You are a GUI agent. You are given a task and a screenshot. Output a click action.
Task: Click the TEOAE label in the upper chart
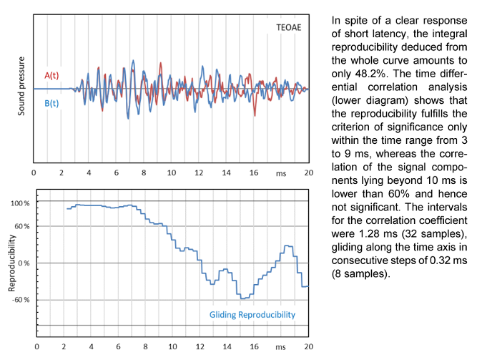pos(290,27)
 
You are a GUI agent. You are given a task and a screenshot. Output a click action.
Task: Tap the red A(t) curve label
pos(52,75)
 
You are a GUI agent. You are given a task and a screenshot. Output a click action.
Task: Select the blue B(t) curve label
pos(52,104)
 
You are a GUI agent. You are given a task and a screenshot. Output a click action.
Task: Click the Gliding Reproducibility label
pos(252,315)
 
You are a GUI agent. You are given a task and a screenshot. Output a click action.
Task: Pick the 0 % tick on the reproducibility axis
pos(24,263)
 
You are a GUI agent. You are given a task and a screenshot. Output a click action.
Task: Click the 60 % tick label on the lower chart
pos(21,226)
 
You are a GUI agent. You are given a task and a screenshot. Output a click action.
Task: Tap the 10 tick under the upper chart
pos(171,172)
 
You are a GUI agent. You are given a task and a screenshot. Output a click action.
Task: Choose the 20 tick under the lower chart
pos(309,346)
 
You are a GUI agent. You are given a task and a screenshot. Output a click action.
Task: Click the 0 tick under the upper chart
pos(34,172)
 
